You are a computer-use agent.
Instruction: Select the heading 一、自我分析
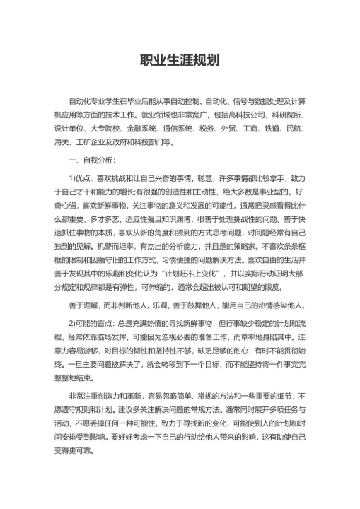83,160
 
